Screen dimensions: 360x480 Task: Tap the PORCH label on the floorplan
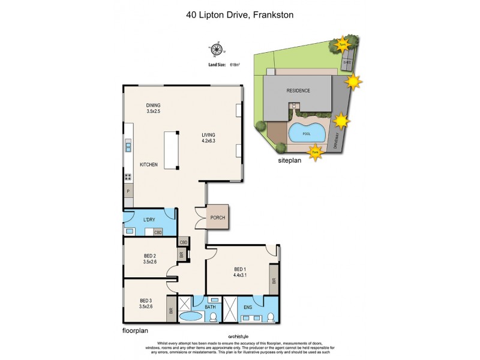click(x=217, y=218)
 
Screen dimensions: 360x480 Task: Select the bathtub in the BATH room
click(x=192, y=317)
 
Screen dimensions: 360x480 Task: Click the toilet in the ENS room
click(x=270, y=317)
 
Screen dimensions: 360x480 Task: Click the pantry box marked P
click(x=128, y=192)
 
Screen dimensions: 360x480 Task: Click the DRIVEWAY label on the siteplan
click(x=335, y=140)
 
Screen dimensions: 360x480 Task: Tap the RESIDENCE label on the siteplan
click(x=298, y=91)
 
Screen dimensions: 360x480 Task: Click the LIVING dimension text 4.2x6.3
click(x=208, y=142)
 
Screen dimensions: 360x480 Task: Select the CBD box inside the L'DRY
click(x=158, y=232)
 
